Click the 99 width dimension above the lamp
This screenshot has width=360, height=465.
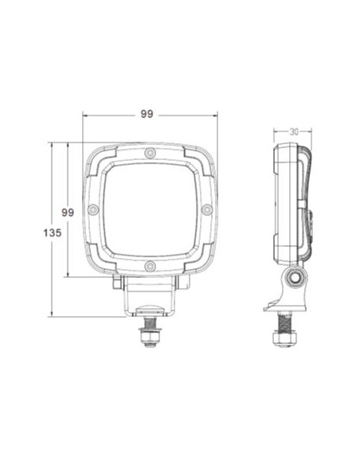[147, 114]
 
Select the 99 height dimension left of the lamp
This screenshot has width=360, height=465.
[68, 212]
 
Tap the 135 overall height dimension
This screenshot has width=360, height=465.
[52, 232]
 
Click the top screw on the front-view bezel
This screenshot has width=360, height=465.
[150, 153]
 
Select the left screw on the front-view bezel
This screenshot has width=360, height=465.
[93, 209]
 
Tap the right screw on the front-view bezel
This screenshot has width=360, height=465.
[206, 209]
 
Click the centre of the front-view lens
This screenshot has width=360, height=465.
[150, 209]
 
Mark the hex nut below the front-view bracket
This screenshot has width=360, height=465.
[149, 340]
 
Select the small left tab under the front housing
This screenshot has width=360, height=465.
[117, 283]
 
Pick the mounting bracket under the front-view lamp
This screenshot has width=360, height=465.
[149, 296]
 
